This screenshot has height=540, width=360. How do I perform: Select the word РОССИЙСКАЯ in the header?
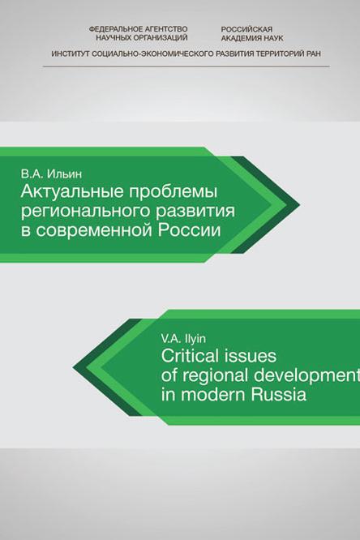click(x=246, y=30)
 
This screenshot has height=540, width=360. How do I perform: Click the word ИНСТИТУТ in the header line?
click(x=71, y=54)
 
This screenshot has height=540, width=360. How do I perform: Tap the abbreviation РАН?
click(x=314, y=54)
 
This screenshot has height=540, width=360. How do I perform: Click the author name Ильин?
click(x=64, y=174)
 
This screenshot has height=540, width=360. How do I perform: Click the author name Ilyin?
click(x=195, y=339)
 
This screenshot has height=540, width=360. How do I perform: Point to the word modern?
click(x=213, y=395)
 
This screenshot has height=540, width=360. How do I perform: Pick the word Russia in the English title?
click(x=278, y=395)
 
